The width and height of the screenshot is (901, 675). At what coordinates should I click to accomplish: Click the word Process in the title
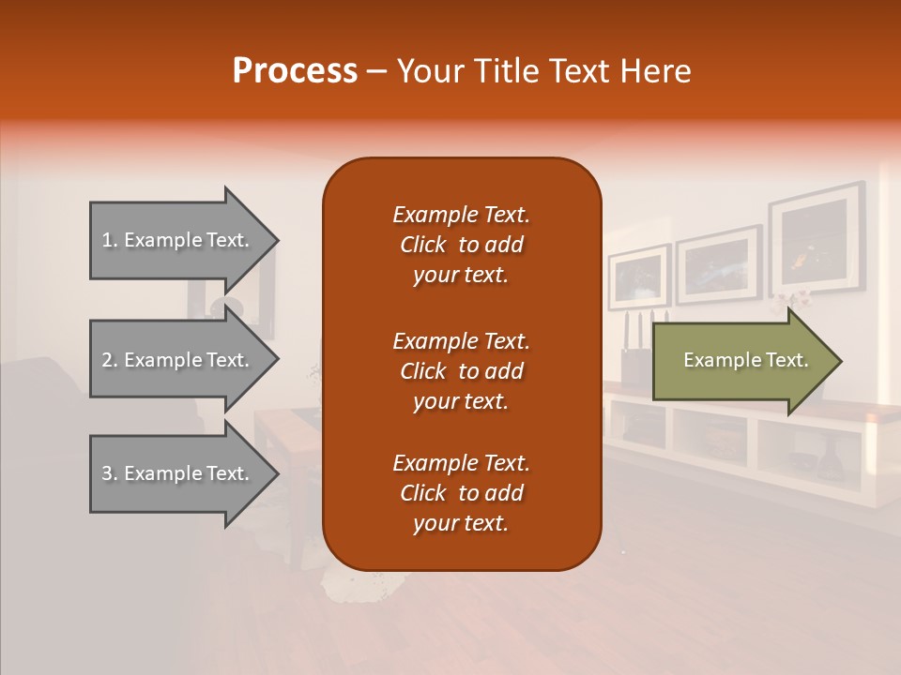(x=295, y=71)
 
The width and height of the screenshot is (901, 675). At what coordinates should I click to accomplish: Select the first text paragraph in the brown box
(x=461, y=245)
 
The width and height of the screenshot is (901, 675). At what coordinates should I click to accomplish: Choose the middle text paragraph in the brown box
(x=461, y=371)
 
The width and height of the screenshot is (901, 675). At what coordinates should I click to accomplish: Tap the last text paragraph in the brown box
(x=461, y=493)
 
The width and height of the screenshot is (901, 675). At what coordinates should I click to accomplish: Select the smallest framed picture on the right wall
(x=638, y=277)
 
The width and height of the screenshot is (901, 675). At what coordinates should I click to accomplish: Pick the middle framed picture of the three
(x=718, y=263)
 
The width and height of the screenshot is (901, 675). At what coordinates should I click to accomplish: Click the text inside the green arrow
(x=745, y=360)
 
